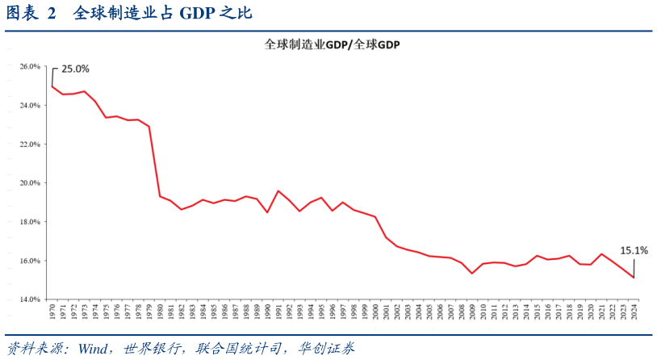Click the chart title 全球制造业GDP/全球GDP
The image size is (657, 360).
click(x=333, y=46)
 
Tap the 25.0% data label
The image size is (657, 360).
click(x=75, y=69)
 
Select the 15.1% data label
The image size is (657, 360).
click(x=634, y=250)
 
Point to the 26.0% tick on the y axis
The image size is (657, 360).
click(x=30, y=66)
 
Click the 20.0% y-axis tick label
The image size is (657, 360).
click(x=30, y=183)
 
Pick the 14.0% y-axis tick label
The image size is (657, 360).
click(x=30, y=299)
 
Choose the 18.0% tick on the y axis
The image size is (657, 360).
click(x=30, y=222)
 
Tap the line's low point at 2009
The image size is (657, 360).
click(x=472, y=274)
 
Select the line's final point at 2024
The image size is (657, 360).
click(x=634, y=278)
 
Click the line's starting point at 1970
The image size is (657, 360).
click(x=52, y=86)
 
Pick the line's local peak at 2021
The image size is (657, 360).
click(x=601, y=254)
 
